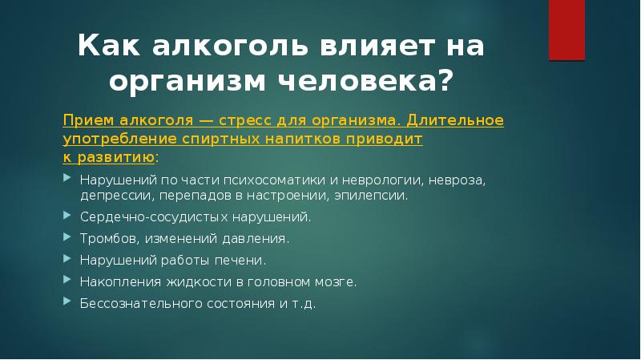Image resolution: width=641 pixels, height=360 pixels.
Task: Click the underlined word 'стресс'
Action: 252,119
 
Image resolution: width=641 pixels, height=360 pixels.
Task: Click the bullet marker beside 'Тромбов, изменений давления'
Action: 67,237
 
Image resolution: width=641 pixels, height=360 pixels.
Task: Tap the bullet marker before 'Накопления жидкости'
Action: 67,281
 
